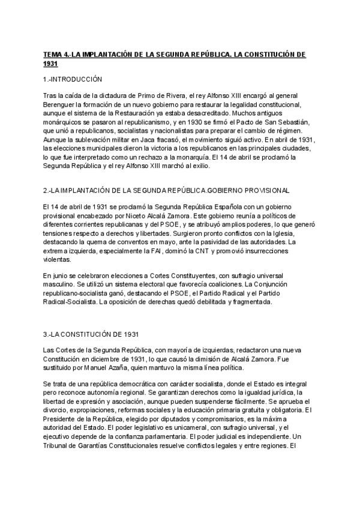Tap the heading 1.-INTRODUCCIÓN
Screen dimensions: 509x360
[73, 79]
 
